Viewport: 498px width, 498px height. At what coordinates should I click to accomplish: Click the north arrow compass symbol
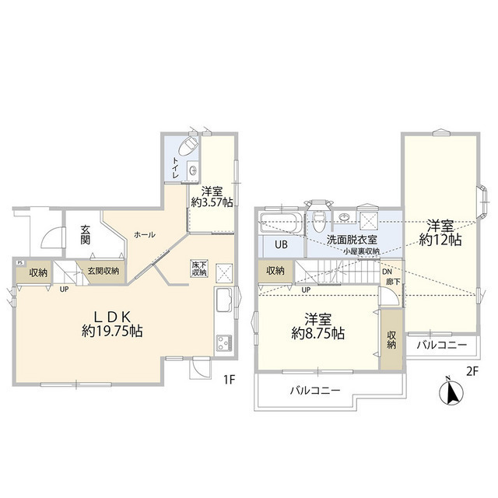[x=450, y=390]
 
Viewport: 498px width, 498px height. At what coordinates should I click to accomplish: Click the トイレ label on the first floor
[x=176, y=169]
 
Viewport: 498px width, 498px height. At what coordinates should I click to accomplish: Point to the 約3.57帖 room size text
[x=212, y=202]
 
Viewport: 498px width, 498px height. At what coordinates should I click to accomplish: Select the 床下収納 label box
[x=199, y=269]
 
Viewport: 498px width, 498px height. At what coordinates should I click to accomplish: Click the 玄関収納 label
[x=103, y=271]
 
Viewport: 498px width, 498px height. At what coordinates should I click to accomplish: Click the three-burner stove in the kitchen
[x=223, y=343]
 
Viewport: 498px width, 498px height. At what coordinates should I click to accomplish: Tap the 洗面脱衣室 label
[x=351, y=240]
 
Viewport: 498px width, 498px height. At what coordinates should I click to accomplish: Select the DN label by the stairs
[x=388, y=271]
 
